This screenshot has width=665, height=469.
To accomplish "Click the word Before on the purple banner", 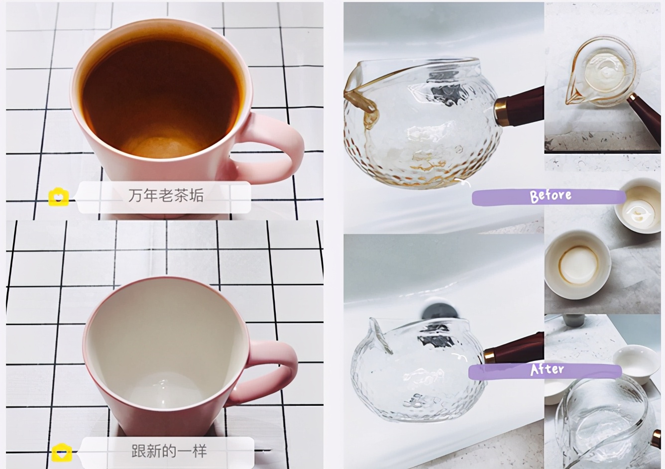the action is tap(551, 196).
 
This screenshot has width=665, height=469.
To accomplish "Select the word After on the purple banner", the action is tap(547, 369).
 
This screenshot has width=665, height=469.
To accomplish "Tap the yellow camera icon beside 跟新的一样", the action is tap(62, 453).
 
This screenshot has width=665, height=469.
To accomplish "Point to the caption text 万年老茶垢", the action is tap(166, 196).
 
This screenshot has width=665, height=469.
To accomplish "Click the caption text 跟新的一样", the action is tap(169, 451).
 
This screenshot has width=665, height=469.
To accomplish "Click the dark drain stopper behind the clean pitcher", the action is tap(440, 312).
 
